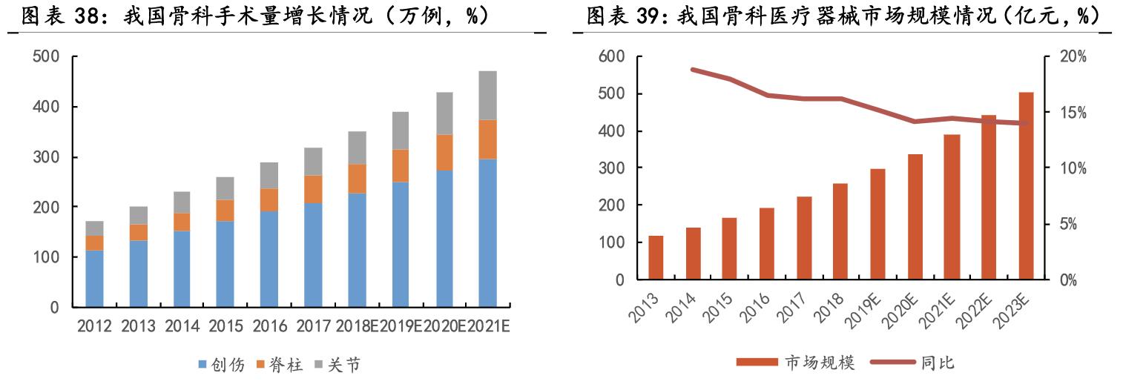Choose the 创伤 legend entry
click(x=221, y=365)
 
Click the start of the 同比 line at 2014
click(x=692, y=70)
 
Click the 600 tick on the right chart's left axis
click(x=612, y=57)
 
